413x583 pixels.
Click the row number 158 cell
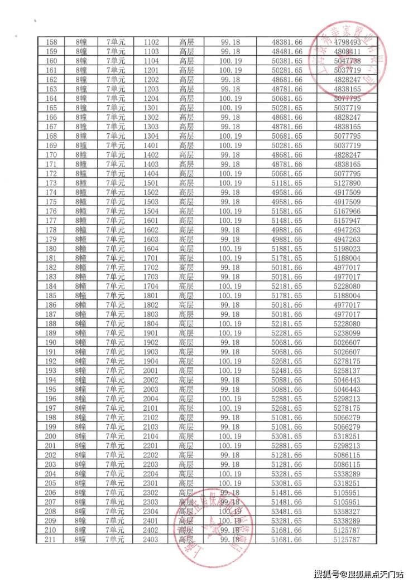point(51,42)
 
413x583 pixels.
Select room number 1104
point(151,61)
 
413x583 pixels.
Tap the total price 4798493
point(347,42)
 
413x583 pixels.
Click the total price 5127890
point(347,183)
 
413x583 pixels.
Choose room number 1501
point(151,183)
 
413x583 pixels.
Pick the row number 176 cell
point(51,211)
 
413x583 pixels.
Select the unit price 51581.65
point(286,211)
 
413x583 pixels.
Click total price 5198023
point(347,249)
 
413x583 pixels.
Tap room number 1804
point(151,324)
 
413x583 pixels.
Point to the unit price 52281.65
point(286,333)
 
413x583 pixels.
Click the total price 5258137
point(347,371)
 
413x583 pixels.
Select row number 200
point(51,436)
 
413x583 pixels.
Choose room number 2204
point(151,474)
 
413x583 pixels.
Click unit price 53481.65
point(286,511)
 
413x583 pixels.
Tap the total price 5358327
point(347,511)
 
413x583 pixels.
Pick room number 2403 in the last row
point(151,540)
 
